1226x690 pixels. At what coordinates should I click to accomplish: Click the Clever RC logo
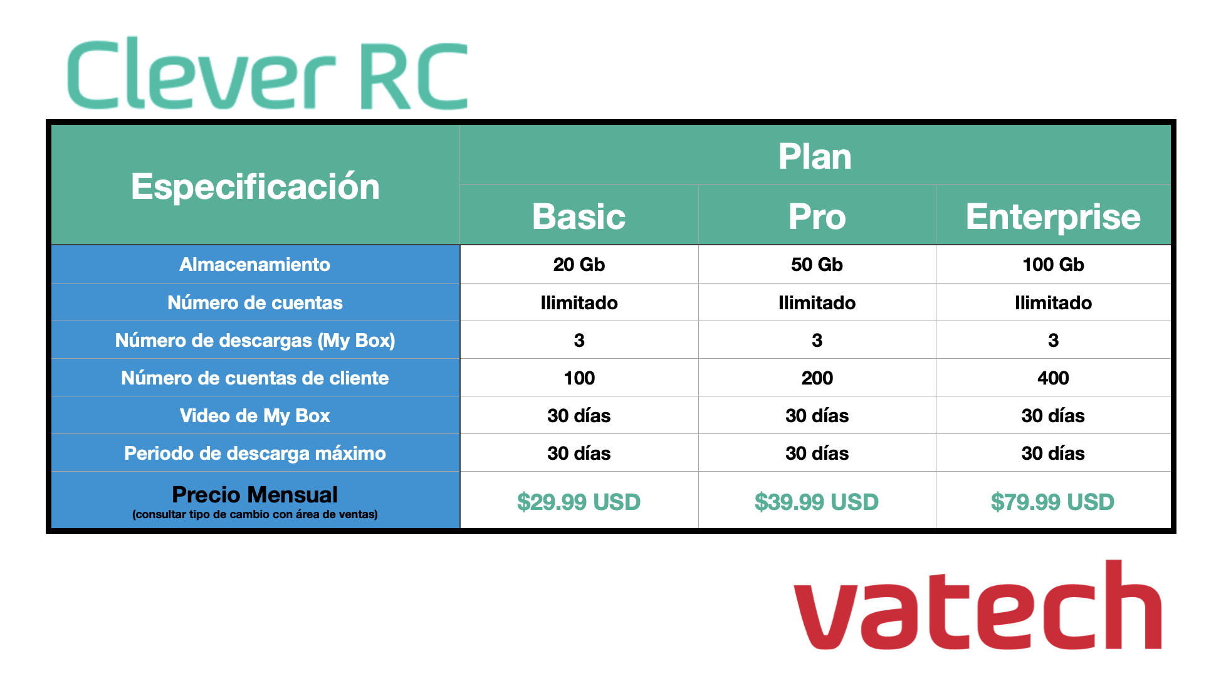point(268,74)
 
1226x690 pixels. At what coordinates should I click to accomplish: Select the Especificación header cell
point(255,186)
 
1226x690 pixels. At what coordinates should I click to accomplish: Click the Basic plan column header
point(579,216)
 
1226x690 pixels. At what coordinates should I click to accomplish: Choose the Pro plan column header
point(817,216)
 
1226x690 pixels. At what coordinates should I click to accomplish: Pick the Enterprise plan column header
point(1053,216)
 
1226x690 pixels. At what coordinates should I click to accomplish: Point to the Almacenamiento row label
point(254,264)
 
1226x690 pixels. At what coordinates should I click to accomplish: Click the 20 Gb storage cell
point(579,264)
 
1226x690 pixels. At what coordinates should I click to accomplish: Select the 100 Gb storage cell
point(1053,264)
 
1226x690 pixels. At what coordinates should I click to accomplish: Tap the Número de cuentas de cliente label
point(254,378)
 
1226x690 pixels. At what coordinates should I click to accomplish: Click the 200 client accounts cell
point(817,378)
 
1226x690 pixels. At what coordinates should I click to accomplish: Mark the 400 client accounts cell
point(1053,378)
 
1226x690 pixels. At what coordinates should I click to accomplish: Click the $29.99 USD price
point(579,502)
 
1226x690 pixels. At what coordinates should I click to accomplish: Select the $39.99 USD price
point(817,502)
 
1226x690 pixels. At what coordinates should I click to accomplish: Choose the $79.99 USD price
point(1053,502)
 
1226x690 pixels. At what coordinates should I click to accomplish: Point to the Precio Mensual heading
point(254,494)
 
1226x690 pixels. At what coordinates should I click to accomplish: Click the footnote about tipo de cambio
point(254,514)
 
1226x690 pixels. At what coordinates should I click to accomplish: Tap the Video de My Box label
point(254,415)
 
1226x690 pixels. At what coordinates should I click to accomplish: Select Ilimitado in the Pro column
point(817,302)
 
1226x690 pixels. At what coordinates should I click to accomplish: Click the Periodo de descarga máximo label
point(254,453)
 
